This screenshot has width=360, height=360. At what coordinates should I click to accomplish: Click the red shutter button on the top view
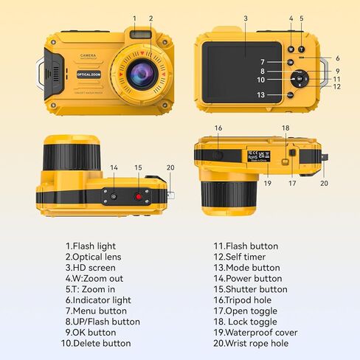coord(138,196)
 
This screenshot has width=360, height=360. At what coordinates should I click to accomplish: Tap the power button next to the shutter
coord(114,195)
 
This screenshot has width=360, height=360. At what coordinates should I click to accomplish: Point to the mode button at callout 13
coord(291,95)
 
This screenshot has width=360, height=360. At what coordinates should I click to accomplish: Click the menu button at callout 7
coord(291,62)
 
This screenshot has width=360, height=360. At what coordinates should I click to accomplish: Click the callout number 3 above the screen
coord(245,18)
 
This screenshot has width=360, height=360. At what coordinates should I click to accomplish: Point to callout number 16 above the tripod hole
coord(218,128)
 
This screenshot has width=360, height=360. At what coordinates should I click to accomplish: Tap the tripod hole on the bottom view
coord(219,154)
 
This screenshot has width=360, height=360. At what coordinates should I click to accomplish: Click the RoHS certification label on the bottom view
coord(252,156)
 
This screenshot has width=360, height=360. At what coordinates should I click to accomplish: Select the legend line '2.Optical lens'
coord(94,257)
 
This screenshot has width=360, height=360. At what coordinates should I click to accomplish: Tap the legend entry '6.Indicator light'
coord(98,300)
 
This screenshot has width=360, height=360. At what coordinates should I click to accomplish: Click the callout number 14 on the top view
coord(114,168)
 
